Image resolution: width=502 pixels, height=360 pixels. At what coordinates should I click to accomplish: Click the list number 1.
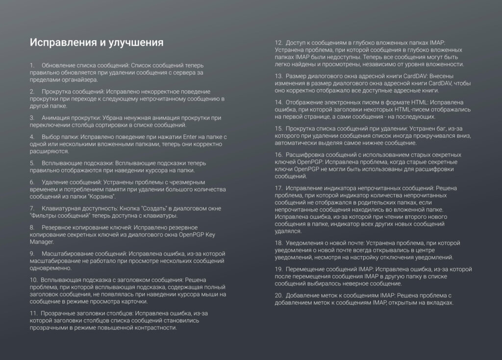[x=32, y=65]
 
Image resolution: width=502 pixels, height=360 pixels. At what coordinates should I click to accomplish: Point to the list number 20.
[x=278, y=295]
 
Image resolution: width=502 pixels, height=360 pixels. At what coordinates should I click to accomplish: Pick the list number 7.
[x=32, y=208]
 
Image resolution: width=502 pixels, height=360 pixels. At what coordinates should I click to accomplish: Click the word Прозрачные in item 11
[x=58, y=312]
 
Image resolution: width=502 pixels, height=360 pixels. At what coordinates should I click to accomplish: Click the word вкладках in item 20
[x=440, y=303]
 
